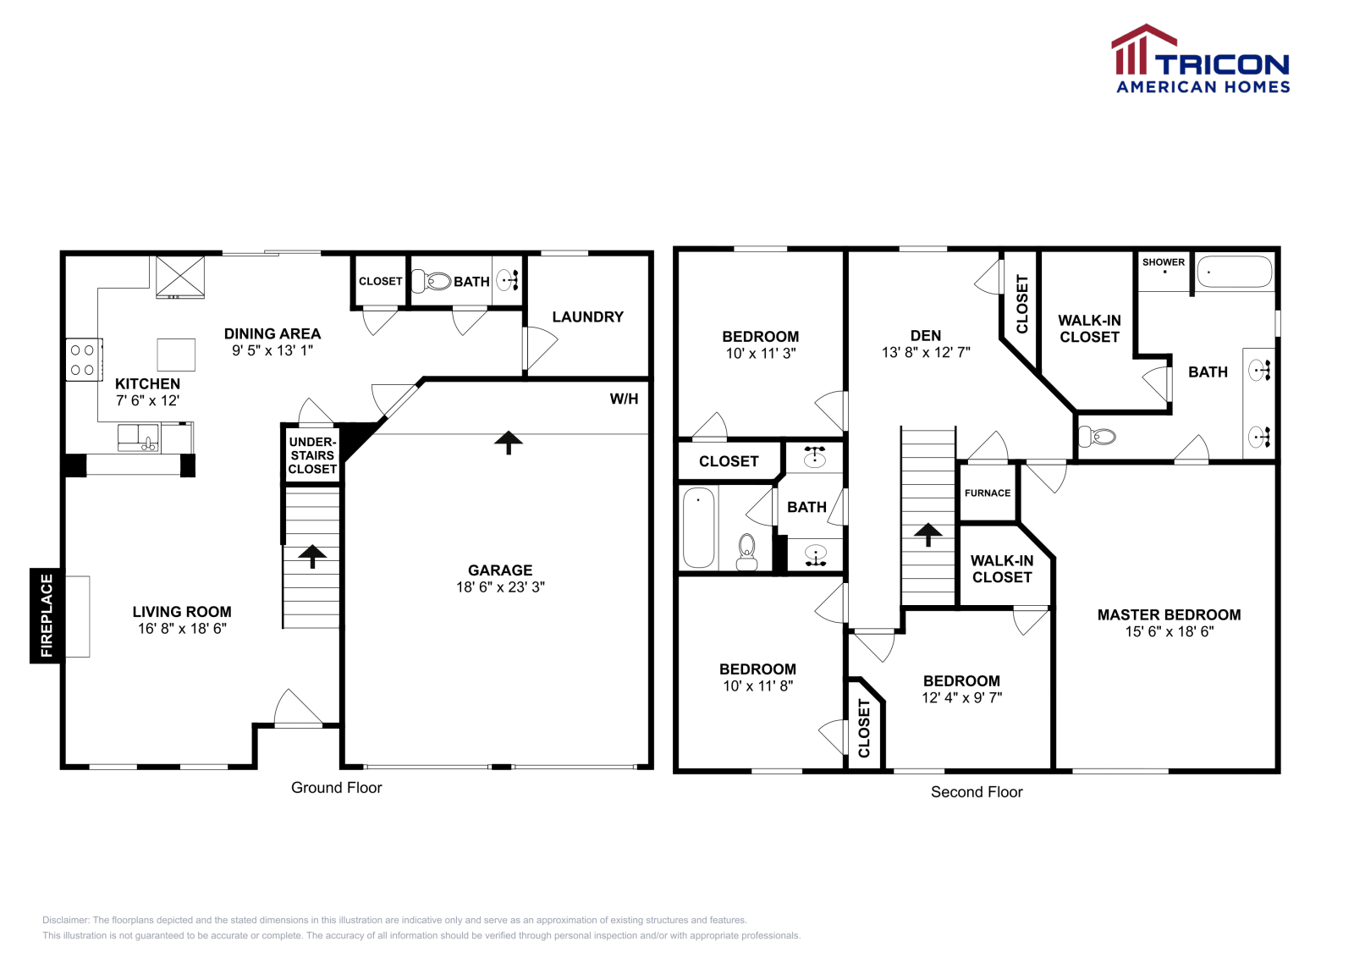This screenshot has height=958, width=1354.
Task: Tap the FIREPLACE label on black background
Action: coord(46,615)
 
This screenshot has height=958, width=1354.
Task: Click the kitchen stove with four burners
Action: coord(83,360)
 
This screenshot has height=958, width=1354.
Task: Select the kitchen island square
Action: coord(176,355)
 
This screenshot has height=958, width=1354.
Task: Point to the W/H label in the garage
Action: coord(624,399)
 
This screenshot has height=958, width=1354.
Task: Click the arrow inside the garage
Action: coord(509,442)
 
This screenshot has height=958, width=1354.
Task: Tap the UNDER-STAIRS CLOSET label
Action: coord(312,455)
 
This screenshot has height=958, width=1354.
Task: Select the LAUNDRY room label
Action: coord(587,317)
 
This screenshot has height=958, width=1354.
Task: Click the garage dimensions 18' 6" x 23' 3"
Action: coord(500,586)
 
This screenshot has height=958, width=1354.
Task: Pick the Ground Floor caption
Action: coord(336,788)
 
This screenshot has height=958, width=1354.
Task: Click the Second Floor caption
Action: coord(977,792)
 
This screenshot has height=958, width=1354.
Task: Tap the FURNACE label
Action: coord(987,493)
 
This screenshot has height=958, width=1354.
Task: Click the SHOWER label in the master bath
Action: coord(1163,262)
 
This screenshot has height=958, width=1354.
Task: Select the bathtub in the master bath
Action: coord(1234,272)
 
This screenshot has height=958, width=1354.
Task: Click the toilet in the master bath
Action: coord(1098,437)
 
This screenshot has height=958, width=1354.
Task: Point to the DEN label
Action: coord(925,335)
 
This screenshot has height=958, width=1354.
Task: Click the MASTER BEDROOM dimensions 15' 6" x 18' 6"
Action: coord(1169,631)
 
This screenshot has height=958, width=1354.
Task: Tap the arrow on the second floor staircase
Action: coord(927,534)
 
